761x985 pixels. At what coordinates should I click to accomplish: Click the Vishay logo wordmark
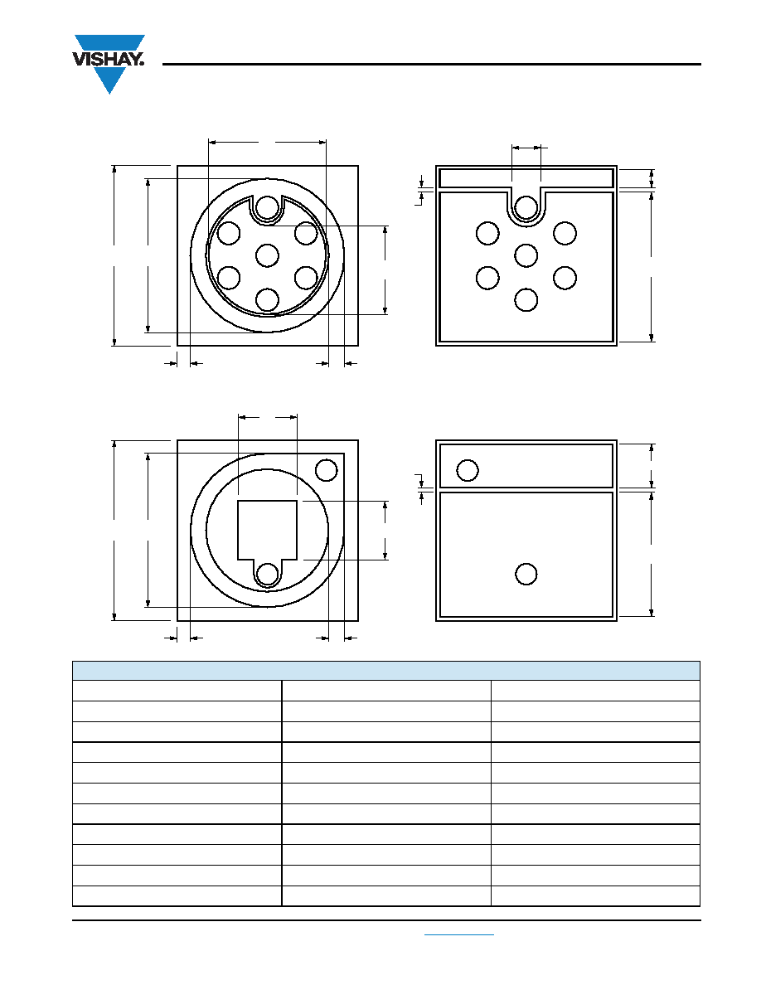tap(109, 60)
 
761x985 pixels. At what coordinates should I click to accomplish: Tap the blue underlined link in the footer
tap(459, 934)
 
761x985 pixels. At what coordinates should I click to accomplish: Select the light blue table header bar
tap(386, 671)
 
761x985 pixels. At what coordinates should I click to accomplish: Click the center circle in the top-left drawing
tap(268, 255)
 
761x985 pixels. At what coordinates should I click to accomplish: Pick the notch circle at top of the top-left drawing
tap(268, 207)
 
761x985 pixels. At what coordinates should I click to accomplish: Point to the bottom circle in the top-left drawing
tap(268, 299)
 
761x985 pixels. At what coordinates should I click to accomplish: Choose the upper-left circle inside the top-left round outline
tap(229, 233)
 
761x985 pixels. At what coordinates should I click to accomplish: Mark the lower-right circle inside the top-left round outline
tap(307, 277)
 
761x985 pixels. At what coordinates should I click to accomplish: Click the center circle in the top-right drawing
tap(526, 255)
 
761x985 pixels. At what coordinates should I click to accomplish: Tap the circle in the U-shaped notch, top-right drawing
tap(526, 207)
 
